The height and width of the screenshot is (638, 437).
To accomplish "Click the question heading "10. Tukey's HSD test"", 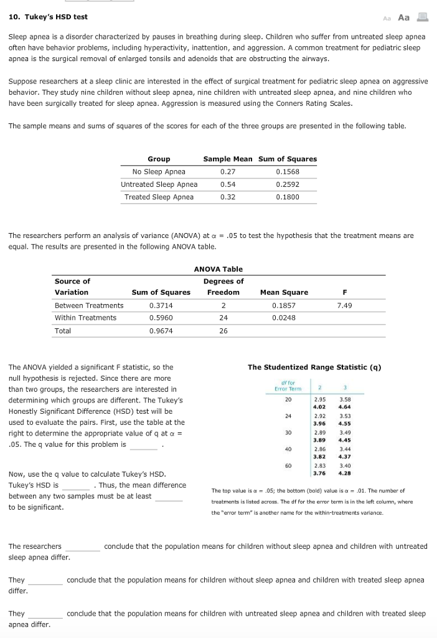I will pyautogui.click(x=48, y=17).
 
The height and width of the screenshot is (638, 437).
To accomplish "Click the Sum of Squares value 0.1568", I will pyautogui.click(x=287, y=171).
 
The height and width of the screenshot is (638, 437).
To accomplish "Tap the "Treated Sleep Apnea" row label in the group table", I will pyautogui.click(x=159, y=197).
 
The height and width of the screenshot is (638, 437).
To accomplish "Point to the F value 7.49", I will pyautogui.click(x=344, y=305).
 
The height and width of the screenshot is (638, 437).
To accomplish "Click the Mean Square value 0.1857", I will pyautogui.click(x=284, y=305).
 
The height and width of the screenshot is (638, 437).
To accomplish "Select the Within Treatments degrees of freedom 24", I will pyautogui.click(x=223, y=318).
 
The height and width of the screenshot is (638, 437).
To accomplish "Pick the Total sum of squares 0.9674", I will pyautogui.click(x=161, y=331).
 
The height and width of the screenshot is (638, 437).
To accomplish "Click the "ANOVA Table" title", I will pyautogui.click(x=218, y=269).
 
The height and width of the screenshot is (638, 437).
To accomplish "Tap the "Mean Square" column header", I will pyautogui.click(x=284, y=292).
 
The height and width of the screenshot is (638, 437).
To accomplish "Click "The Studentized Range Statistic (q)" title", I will pyautogui.click(x=314, y=367).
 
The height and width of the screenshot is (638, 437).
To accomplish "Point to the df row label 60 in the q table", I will pyautogui.click(x=288, y=465).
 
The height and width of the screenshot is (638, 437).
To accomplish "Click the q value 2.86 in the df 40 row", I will pyautogui.click(x=321, y=448).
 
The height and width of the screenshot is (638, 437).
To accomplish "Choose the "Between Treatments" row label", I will pyautogui.click(x=89, y=305).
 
